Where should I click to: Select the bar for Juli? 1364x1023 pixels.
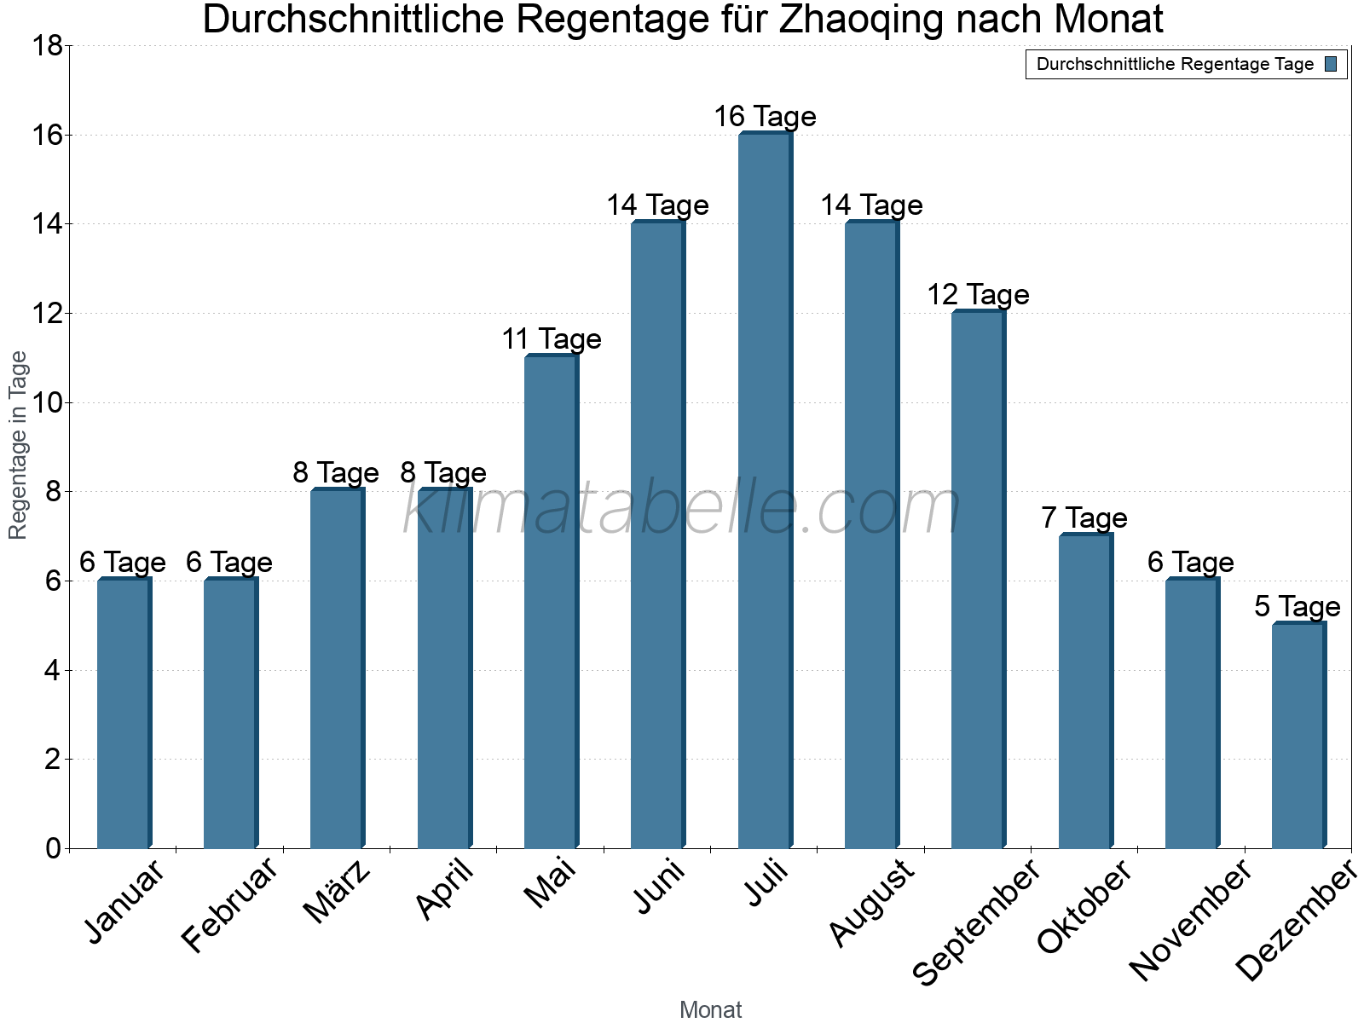coord(765,490)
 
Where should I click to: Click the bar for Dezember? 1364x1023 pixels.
coord(1298,736)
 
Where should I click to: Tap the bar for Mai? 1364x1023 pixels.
coord(551,601)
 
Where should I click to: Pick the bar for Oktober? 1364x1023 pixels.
coord(1084,691)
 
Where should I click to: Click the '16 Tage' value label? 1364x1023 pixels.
coord(765,117)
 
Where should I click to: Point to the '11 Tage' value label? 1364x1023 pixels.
coord(551,339)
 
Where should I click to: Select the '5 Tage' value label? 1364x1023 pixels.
coord(1298,607)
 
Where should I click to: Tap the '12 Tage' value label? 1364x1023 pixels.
coord(978,295)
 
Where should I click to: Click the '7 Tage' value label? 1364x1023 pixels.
coord(1084,517)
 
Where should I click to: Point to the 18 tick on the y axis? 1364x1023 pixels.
coord(47,45)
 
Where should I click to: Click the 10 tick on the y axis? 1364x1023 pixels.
coord(47,402)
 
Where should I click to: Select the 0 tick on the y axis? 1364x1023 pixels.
coord(53,848)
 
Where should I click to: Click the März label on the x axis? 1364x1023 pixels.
coord(338,892)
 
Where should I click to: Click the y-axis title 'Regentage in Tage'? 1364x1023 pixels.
coord(19,445)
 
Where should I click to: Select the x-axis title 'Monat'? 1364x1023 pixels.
coord(710,1009)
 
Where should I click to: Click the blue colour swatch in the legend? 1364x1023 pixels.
coord(1331,64)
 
